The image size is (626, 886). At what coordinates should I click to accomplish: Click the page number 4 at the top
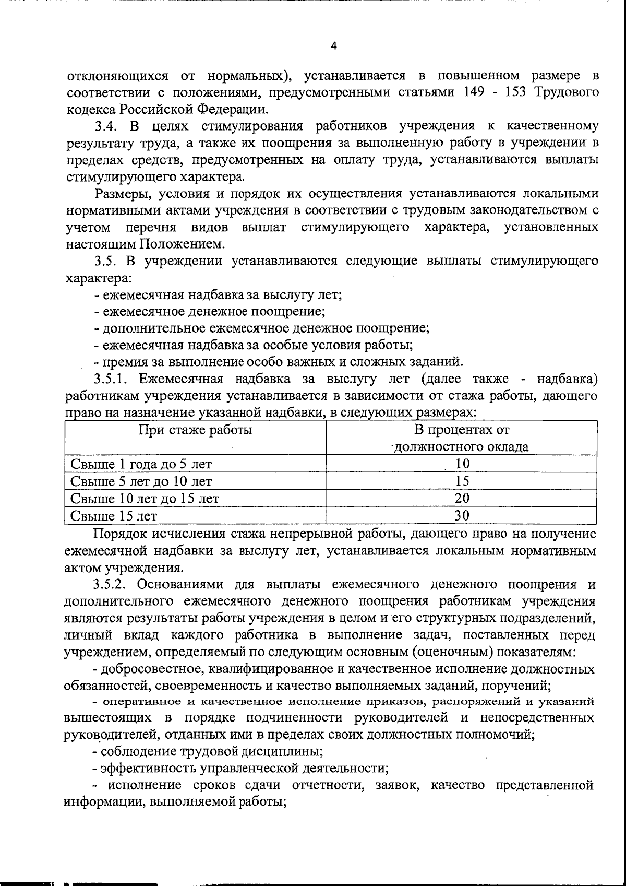click(x=334, y=46)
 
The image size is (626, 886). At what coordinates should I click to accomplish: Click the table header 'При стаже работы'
click(x=195, y=430)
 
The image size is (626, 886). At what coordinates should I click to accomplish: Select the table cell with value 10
click(x=462, y=464)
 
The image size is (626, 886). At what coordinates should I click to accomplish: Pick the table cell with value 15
click(x=462, y=481)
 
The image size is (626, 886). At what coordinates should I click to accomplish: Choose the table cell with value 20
click(x=462, y=498)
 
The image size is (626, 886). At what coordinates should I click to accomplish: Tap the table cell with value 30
click(x=462, y=515)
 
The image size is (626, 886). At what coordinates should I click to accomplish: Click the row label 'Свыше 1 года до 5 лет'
click(x=141, y=464)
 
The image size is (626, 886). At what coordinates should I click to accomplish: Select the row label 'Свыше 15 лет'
click(x=113, y=516)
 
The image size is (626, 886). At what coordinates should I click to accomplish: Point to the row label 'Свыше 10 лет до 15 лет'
click(x=145, y=499)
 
